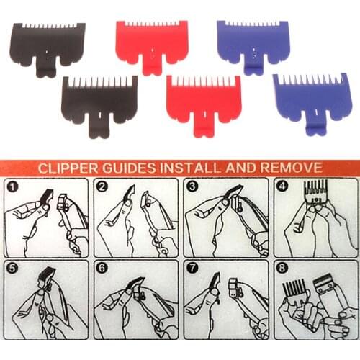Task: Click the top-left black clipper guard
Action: pos(47,43)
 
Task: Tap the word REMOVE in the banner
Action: pos(292,168)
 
